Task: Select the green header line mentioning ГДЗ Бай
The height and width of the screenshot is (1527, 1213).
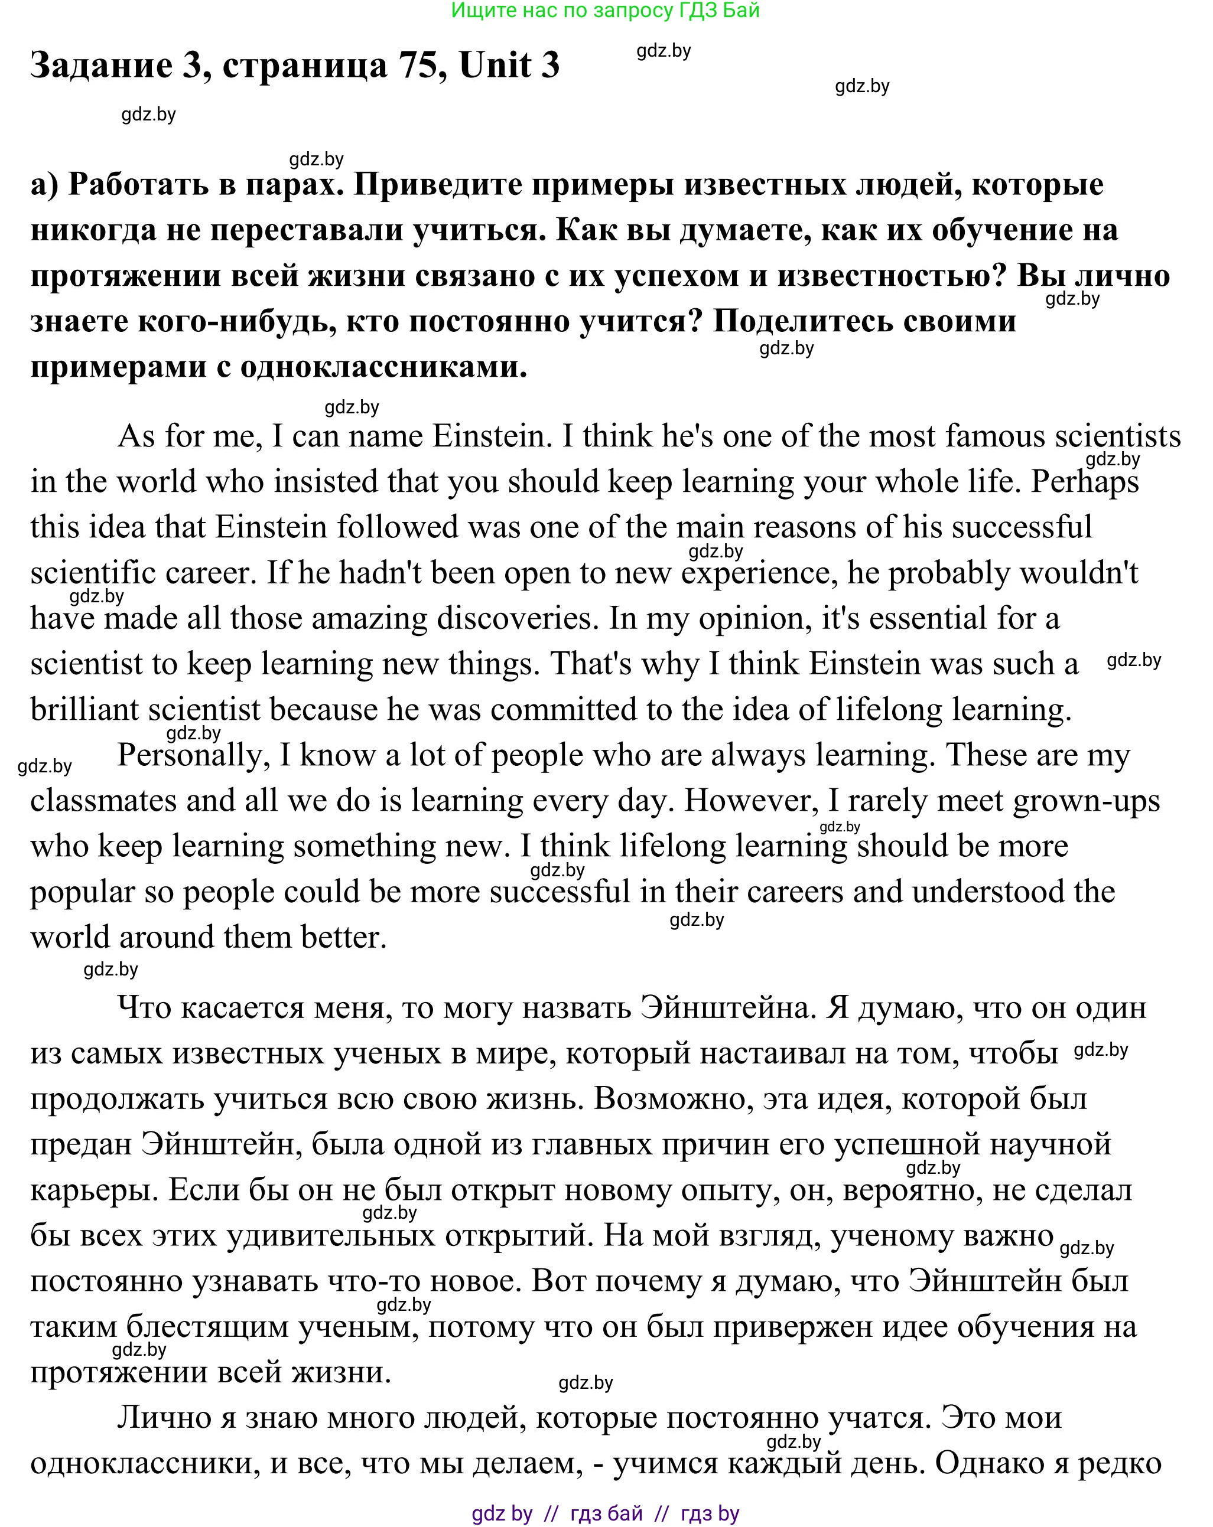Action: point(605,11)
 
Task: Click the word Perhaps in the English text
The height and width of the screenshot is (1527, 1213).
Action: point(1085,482)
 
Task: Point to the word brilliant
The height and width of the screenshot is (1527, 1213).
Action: point(84,710)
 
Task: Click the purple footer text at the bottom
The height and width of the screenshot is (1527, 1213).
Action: point(605,1513)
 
